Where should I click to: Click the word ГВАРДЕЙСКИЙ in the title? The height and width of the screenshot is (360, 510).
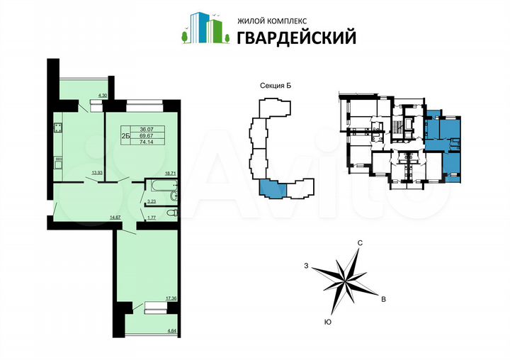[286, 36]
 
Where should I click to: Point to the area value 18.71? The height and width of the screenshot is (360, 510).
[170, 172]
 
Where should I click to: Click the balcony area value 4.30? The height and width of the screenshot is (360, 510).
[101, 96]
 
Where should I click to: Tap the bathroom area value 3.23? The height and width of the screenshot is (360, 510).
[151, 202]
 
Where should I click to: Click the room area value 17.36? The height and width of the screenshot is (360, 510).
[169, 298]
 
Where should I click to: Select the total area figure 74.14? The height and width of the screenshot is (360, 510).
[147, 141]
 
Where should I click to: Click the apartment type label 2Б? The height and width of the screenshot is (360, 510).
[125, 135]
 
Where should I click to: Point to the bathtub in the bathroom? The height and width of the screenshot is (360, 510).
[157, 187]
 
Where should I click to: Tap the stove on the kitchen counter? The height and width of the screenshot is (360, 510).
[58, 130]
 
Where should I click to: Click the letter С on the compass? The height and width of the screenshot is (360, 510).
[361, 243]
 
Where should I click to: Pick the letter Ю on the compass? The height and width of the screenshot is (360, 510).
[327, 322]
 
